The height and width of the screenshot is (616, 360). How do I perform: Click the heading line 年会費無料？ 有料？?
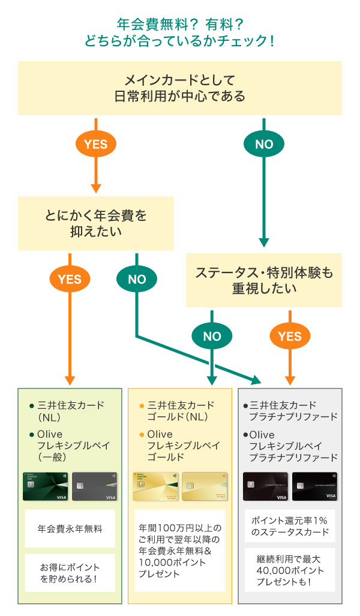tap(180, 24)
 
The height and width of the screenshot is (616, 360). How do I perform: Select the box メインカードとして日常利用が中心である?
tap(180, 88)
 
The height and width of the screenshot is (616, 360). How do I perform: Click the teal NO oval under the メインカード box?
tap(264, 144)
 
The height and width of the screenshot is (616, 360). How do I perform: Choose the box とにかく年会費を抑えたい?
tap(96, 223)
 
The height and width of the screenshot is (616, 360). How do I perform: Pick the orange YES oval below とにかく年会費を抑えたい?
tap(70, 279)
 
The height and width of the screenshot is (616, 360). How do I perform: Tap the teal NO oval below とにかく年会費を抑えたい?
tap(137, 279)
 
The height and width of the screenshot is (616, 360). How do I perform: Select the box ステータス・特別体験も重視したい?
tap(264, 280)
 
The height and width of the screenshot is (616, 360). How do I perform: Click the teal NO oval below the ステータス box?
tap(212, 336)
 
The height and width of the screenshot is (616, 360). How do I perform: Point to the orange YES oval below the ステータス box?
tap(290, 336)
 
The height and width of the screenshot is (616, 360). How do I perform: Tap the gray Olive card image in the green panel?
tap(94, 486)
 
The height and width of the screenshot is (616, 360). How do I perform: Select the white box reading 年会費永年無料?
tap(70, 529)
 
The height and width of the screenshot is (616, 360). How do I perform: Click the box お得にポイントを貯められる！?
tap(70, 573)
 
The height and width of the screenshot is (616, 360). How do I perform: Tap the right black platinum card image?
tap(314, 486)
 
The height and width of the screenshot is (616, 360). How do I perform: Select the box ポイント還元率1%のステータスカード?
tap(290, 526)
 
